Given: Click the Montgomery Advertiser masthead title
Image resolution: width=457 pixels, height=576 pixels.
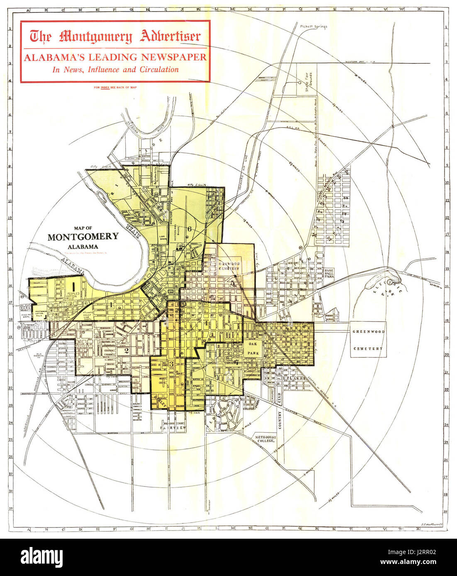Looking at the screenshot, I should [115, 36].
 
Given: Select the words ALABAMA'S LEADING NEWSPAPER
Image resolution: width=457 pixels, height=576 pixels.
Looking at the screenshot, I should [115, 57].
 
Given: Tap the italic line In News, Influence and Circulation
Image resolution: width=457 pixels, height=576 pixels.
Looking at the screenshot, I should [115, 70].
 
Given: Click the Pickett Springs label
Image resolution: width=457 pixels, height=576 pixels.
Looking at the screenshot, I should [313, 27].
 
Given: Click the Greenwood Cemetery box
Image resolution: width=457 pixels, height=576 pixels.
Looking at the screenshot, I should [368, 340].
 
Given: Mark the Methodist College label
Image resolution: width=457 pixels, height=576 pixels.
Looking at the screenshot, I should [265, 438].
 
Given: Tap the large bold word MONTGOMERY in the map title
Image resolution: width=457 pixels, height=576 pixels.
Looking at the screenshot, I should [83, 237].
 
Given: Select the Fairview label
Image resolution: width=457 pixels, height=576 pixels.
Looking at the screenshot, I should [175, 427].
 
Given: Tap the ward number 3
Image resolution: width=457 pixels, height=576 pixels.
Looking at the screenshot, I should [171, 363].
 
